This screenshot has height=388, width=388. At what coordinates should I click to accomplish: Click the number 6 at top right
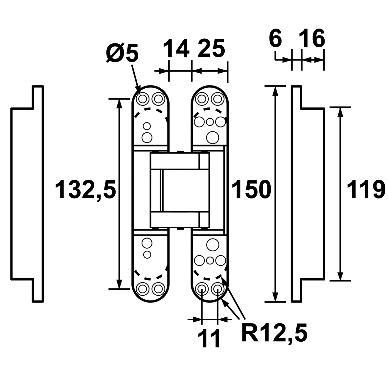point(275,39)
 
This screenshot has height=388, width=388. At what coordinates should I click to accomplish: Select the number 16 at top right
point(312,39)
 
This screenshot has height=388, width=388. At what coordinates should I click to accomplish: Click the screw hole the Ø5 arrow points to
point(143,98)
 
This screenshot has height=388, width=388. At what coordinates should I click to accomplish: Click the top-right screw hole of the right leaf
point(217,98)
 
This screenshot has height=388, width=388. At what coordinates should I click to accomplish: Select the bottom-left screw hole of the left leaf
point(143,289)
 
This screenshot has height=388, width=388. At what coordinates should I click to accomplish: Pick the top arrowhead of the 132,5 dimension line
point(119,103)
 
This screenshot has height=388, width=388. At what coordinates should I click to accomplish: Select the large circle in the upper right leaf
point(213,136)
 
